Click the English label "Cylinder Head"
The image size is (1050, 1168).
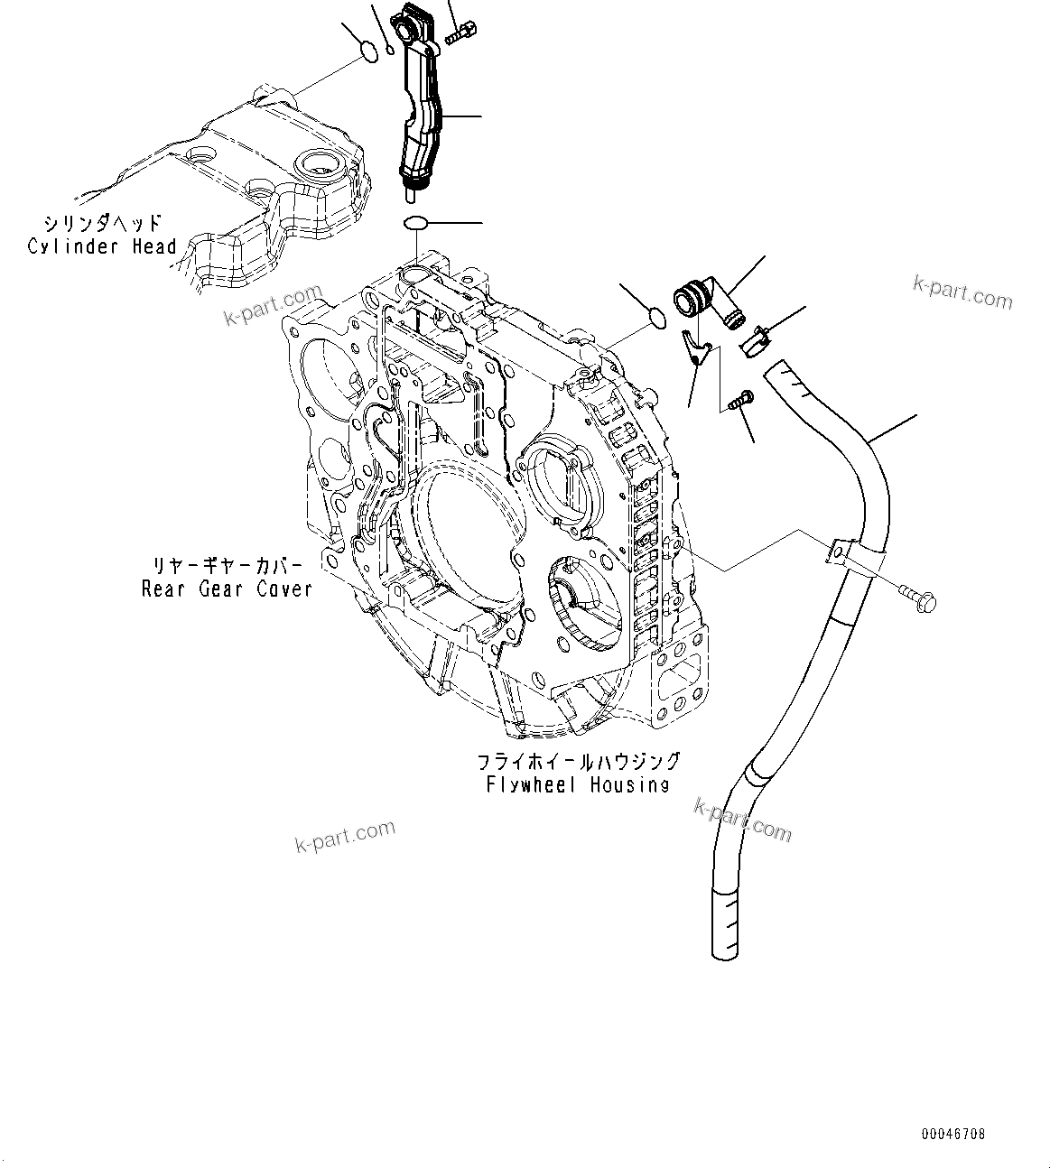[101, 246]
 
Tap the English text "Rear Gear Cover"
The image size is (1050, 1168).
[227, 589]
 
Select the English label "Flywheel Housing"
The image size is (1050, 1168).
[578, 784]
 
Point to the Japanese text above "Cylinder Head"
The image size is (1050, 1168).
[103, 223]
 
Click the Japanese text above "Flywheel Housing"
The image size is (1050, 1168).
[579, 762]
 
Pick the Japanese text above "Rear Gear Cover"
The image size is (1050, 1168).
[227, 566]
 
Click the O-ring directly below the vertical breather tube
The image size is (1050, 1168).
[416, 223]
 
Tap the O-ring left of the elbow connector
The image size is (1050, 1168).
[658, 317]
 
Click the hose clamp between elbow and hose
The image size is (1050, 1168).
[757, 342]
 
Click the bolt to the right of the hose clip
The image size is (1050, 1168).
[919, 599]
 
